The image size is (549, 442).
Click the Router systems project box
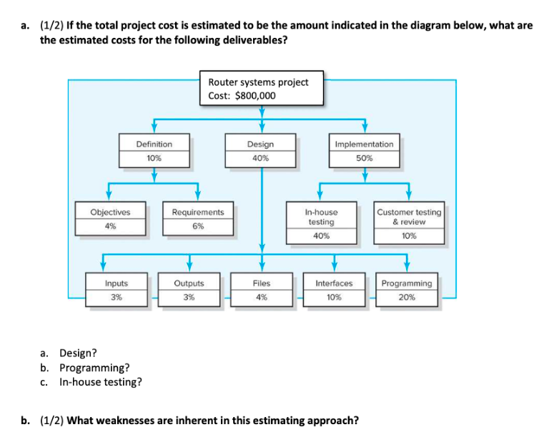262,89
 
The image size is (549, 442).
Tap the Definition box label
154,144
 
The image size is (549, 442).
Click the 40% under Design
260,159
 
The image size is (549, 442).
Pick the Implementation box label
364,144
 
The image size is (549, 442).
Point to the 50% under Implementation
364,159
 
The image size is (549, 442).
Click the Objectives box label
110,212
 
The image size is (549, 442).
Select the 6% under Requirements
197,226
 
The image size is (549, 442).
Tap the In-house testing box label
321,217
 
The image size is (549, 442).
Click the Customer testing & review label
409,217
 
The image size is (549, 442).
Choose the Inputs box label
116,283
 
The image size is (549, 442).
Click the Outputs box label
189,283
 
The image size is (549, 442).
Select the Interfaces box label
334,283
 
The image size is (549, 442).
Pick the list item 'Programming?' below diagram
94,367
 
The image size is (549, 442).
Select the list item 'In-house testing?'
99,381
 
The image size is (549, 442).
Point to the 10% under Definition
154,159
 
